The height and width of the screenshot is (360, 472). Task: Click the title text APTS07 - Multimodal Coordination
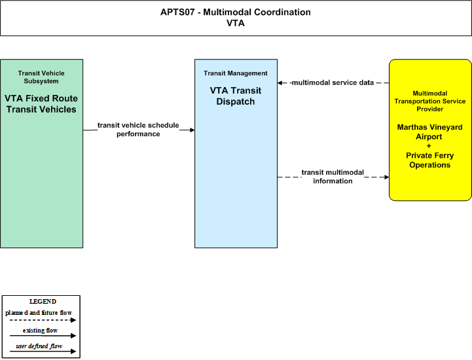coord(236,12)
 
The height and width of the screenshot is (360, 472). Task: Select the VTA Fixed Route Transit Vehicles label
coord(41,104)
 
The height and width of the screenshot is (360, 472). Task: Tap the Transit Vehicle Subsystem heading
coord(41,77)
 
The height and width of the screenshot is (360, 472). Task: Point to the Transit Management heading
coord(236,73)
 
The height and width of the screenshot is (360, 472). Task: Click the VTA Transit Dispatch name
coord(236,96)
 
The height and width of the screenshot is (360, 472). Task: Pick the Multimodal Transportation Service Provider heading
coord(430,101)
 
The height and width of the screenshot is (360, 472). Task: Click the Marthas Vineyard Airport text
coord(430,132)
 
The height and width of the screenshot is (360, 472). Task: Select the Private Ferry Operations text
coord(430,160)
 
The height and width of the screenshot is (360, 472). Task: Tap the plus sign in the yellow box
coord(429,146)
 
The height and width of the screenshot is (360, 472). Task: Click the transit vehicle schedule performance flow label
coord(138,130)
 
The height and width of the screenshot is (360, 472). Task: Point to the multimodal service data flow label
coord(333,82)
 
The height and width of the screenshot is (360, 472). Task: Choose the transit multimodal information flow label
coord(333,177)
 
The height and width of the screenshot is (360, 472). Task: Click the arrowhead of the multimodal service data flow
coord(280,82)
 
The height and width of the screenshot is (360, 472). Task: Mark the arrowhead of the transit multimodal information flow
coord(387,177)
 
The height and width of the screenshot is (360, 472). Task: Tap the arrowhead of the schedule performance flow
coord(192,130)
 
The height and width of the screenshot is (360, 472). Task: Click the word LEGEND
coord(43,302)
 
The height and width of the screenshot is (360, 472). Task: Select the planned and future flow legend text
coord(39,313)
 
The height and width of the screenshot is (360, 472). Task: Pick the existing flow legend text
coord(40,331)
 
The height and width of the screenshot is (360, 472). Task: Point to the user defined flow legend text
coord(39,346)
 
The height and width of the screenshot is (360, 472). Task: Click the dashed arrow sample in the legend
coord(43,320)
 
